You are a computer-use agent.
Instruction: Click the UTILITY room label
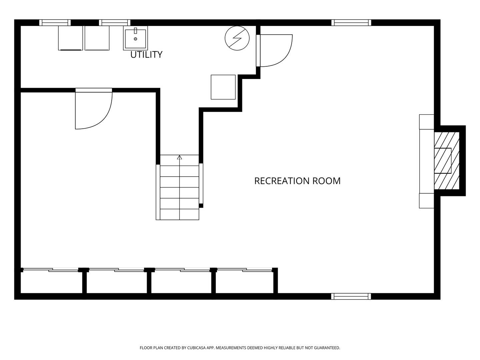[146, 55]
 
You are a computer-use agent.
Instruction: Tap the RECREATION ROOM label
[297, 181]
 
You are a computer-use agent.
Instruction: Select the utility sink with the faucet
[135, 38]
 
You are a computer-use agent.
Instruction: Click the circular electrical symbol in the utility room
[237, 38]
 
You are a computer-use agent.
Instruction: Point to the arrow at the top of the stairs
[180, 157]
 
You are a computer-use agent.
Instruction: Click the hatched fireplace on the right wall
[447, 161]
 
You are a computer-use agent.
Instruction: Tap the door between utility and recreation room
[274, 50]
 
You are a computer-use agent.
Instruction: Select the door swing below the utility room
[94, 109]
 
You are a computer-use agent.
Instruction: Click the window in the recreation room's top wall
[351, 23]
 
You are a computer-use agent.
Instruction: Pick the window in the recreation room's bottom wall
[351, 296]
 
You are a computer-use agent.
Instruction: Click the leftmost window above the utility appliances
[55, 23]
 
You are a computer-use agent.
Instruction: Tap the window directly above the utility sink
[115, 23]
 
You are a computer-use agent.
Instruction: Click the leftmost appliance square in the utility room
[70, 38]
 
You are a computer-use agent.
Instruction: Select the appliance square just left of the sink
[97, 38]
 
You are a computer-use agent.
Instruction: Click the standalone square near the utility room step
[223, 87]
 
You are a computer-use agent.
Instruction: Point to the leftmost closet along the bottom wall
[51, 282]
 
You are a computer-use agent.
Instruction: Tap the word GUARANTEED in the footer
[327, 348]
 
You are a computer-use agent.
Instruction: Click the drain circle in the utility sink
[135, 39]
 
